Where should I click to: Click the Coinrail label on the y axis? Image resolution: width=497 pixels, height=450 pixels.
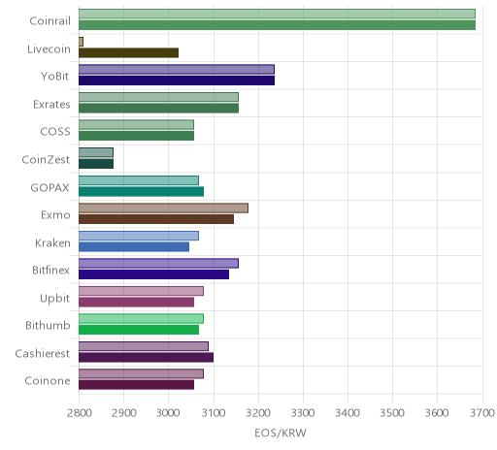coord(50,21)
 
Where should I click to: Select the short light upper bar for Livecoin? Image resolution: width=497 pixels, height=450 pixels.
coord(81,42)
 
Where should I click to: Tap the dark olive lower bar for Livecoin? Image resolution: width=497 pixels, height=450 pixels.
coord(128,52)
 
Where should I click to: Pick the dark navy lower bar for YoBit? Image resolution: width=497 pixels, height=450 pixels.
coord(177,80)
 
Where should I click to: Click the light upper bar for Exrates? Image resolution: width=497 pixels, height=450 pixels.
coord(158,97)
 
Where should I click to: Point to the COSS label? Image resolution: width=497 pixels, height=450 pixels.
coord(55,132)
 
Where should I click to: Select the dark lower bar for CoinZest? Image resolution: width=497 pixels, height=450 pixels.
coord(96,164)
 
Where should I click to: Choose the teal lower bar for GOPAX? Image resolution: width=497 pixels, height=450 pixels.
coord(141,191)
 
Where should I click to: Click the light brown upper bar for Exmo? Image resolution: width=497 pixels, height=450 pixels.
coord(163,208)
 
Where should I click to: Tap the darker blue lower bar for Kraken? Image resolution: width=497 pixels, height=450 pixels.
coord(134,246)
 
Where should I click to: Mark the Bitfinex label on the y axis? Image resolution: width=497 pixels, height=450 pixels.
coord(50,270)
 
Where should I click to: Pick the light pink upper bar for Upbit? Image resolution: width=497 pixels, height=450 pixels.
coord(141,291)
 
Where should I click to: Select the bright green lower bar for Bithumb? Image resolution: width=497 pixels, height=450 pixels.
coord(139,330)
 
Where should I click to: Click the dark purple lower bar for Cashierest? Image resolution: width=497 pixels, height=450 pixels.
coord(146,357)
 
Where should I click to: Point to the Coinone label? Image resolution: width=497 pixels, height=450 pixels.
coord(48,381)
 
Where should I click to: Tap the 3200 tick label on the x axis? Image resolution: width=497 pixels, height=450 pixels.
coord(258,413)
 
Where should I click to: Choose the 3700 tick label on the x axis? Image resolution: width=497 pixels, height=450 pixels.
coord(482,413)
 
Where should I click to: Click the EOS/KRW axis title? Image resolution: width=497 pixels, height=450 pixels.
coord(281,434)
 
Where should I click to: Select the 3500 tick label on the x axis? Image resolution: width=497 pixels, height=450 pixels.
coord(392,413)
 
